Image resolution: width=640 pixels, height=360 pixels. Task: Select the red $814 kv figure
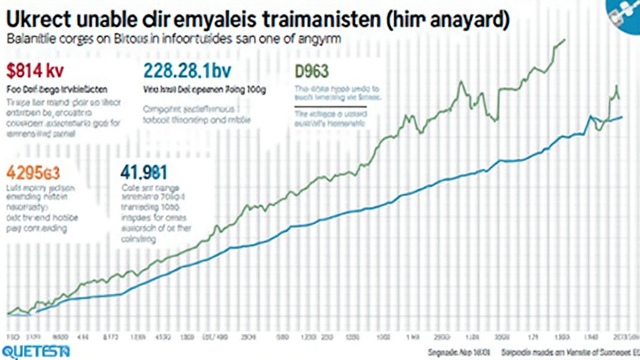[35, 69]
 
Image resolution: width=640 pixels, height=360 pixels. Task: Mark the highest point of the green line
[564, 40]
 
